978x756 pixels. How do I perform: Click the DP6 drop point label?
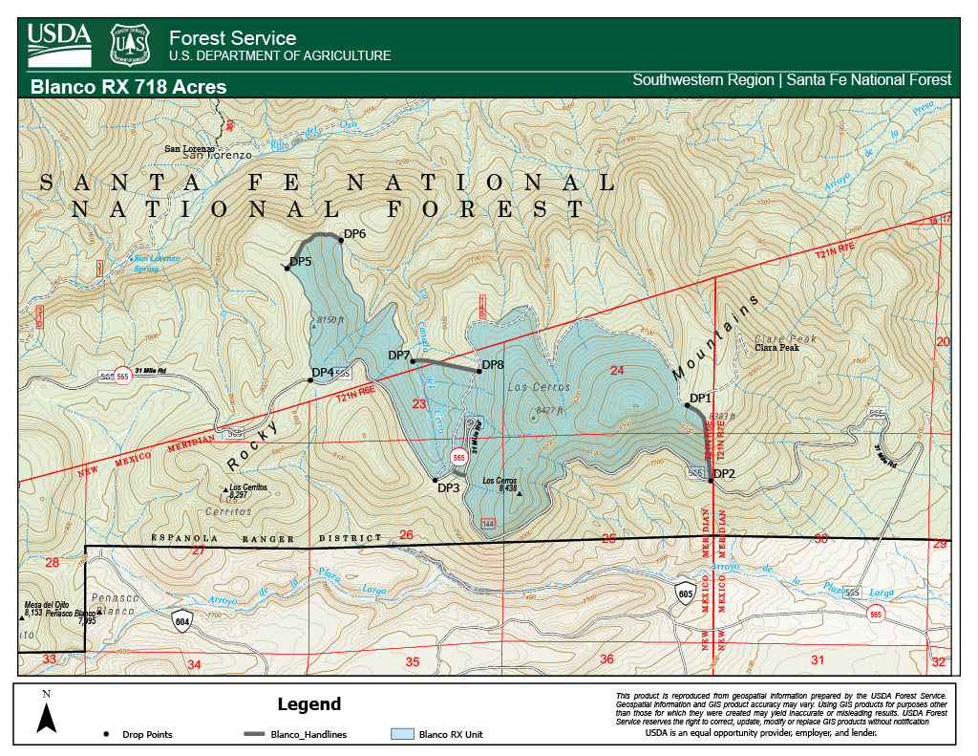click(355, 233)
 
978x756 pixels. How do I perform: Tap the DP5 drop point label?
click(302, 261)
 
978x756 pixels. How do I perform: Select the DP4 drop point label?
click(323, 372)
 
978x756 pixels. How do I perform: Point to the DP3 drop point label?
click(449, 487)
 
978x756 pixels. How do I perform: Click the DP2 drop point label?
click(724, 473)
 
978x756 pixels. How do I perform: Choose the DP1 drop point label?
click(701, 398)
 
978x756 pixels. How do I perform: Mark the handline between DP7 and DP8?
click(445, 365)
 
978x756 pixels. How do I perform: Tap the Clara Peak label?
click(776, 348)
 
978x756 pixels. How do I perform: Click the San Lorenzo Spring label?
click(157, 263)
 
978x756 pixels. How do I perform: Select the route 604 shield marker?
click(181, 621)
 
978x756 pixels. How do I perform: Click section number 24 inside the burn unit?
click(616, 370)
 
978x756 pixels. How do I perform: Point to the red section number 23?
click(418, 404)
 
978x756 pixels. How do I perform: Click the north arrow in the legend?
click(45, 712)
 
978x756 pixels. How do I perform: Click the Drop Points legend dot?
click(103, 734)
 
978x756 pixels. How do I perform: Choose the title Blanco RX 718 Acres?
click(129, 87)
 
